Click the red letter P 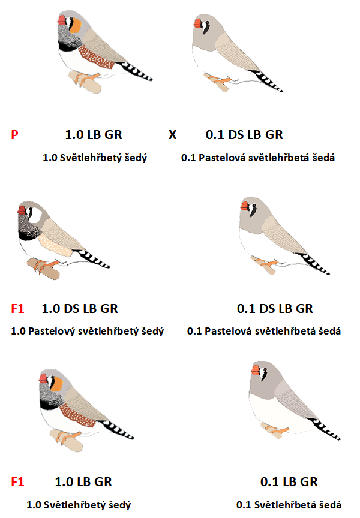point(14,135)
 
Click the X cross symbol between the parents point(173,135)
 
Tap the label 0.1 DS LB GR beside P point(244,135)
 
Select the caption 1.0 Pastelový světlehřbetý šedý point(87,331)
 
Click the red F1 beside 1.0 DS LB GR point(17,309)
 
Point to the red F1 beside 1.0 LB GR point(17,482)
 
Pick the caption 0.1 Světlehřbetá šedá point(289,505)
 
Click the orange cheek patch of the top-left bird point(76,25)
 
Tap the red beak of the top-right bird point(198,23)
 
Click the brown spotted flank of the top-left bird point(96,57)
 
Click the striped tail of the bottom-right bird point(326,429)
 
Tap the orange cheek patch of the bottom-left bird point(57,384)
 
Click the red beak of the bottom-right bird point(255,370)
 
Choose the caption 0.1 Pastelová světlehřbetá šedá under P point(258,158)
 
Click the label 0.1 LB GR point(289,482)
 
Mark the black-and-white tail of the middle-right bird point(314,264)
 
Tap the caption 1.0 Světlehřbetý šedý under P point(95,158)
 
